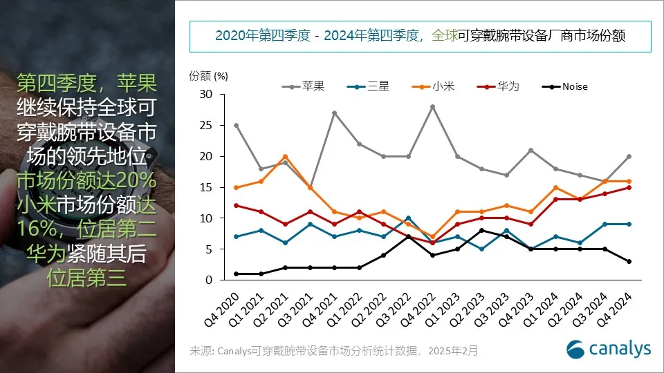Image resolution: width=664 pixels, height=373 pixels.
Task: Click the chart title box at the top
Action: pyautogui.click(x=420, y=36)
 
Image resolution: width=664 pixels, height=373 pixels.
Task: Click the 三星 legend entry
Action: pyautogui.click(x=373, y=86)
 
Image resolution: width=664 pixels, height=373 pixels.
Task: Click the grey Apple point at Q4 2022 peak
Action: pyautogui.click(x=433, y=107)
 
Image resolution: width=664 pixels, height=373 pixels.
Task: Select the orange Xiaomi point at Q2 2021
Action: pyautogui.click(x=285, y=157)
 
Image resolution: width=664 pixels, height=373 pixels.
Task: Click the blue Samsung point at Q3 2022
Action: pyautogui.click(x=408, y=218)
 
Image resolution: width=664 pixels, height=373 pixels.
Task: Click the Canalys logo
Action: pyautogui.click(x=609, y=349)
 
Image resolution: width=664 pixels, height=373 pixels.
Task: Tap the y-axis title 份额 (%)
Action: pyautogui.click(x=208, y=75)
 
